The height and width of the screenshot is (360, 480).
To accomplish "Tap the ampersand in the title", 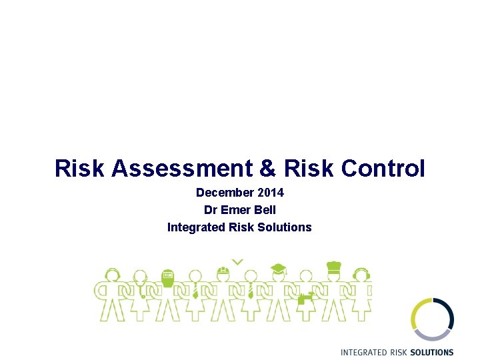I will [x=267, y=168].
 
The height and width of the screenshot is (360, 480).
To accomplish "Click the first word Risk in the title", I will [x=80, y=168].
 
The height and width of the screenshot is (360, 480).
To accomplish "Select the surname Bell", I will [x=264, y=210].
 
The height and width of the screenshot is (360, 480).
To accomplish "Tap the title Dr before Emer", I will [x=210, y=210].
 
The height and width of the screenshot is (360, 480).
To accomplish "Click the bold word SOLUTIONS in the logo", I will [x=432, y=352].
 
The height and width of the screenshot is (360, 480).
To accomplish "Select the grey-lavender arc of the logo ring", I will [x=433, y=335].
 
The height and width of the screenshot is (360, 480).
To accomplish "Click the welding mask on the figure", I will [x=168, y=275].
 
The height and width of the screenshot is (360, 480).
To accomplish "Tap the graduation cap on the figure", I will [x=278, y=269].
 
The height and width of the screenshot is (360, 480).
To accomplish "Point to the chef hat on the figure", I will [x=333, y=267].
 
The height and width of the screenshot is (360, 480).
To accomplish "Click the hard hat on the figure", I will [x=223, y=271].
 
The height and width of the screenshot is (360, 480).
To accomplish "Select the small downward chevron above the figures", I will [x=237, y=262].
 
